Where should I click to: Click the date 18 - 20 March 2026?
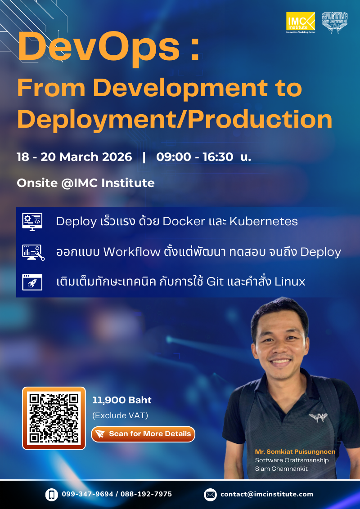[x=74, y=157]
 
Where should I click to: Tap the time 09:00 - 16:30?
[x=195, y=157]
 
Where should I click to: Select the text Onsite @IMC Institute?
[x=85, y=183]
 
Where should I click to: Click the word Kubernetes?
[x=263, y=221]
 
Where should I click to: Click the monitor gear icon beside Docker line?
[x=32, y=222]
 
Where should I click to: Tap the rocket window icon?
[x=32, y=282]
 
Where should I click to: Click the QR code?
[x=54, y=418]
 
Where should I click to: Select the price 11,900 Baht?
[x=122, y=400]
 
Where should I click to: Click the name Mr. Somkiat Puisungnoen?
[x=295, y=451]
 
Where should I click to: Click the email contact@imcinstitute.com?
[x=266, y=494]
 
